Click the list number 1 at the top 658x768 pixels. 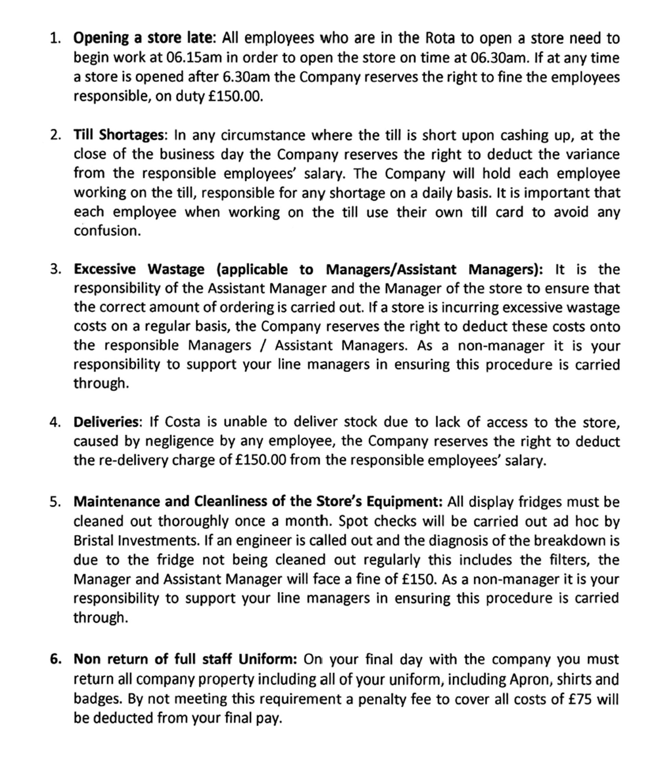coord(55,38)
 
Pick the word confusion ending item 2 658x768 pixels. coord(107,231)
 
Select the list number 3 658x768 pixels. coord(55,270)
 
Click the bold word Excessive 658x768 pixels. coord(105,270)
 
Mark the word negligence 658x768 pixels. coord(179,441)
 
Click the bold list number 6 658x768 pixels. coord(56,659)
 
